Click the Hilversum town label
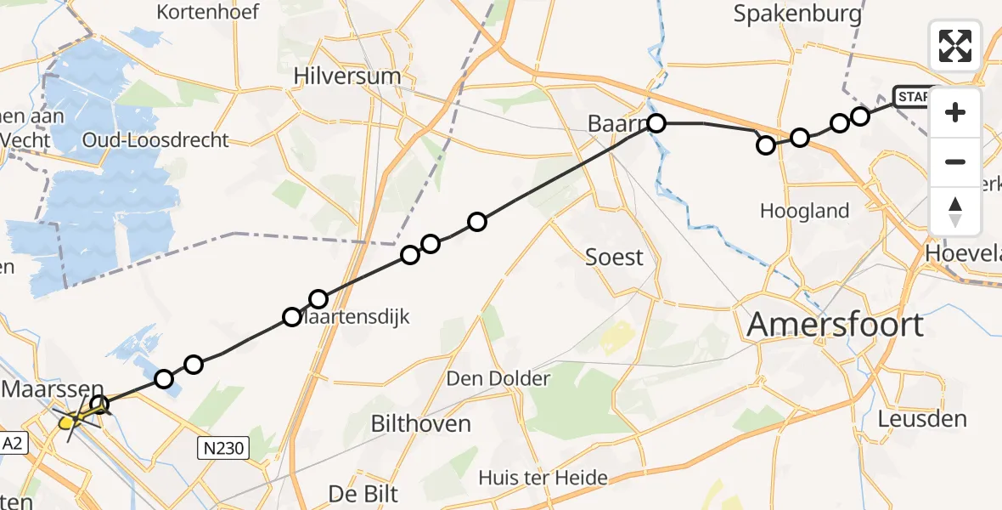(x=346, y=76)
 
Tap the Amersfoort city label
(x=836, y=325)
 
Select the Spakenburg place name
(x=797, y=14)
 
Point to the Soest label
(x=615, y=257)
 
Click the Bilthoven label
(x=421, y=422)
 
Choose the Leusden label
(x=922, y=418)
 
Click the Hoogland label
(x=805, y=211)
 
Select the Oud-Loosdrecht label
(x=155, y=139)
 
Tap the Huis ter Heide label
(x=543, y=477)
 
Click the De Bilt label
(x=363, y=493)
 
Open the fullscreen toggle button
(x=955, y=45)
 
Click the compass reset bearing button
(x=955, y=211)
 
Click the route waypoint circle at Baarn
(x=656, y=123)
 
